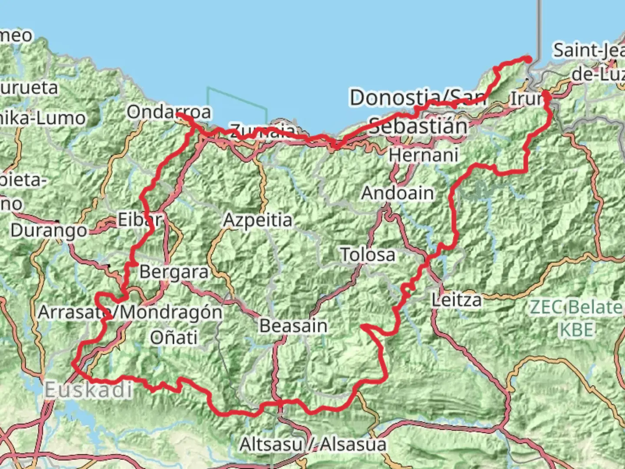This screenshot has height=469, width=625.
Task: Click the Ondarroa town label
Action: [x=169, y=112]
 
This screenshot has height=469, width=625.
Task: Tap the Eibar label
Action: [x=140, y=220]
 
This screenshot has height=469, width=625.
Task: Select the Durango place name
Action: [x=49, y=230]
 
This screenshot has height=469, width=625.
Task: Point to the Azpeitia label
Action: [x=258, y=220]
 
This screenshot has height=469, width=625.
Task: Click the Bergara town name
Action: [x=174, y=272]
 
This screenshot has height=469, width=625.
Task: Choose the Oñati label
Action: [x=174, y=337]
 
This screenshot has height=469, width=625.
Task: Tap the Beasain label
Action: [x=293, y=326]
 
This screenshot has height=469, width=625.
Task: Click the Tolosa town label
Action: [x=368, y=255]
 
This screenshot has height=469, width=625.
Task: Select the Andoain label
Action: [x=398, y=193]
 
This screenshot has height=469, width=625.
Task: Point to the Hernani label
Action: [x=424, y=155]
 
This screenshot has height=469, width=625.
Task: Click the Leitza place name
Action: [x=457, y=300]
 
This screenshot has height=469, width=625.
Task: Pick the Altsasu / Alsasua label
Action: [x=313, y=444]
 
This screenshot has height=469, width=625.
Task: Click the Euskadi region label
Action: [x=88, y=390]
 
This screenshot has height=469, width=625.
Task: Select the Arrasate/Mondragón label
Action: [x=130, y=312]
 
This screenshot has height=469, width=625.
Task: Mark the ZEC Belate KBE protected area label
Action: [x=576, y=318]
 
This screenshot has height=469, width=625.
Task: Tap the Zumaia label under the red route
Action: [x=263, y=130]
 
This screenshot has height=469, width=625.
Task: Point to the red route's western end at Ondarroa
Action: [x=178, y=115]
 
